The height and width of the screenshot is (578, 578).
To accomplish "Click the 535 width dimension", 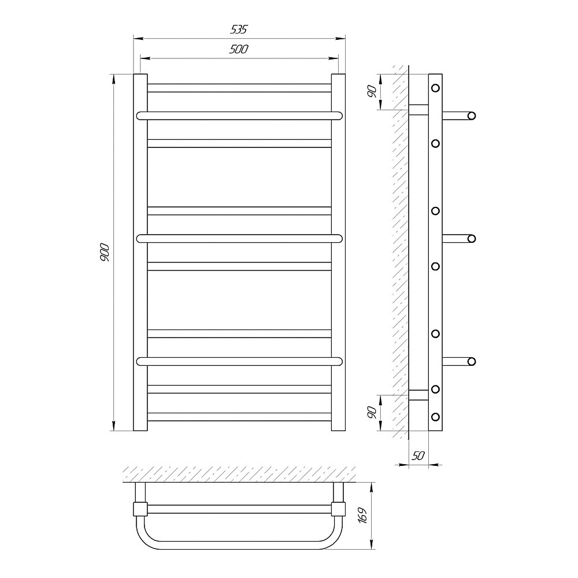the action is [239, 29].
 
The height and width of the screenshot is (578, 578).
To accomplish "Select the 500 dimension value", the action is [239, 49].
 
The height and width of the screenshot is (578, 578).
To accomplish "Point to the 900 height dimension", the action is [105, 253].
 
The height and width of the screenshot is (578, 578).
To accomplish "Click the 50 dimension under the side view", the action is [418, 456].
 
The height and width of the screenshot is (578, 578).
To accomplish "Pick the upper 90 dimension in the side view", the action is [372, 91].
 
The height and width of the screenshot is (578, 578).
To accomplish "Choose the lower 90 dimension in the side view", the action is [372, 412].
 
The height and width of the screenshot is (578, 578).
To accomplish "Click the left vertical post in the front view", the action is [140, 253].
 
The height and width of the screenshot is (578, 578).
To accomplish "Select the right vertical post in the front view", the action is [338, 253].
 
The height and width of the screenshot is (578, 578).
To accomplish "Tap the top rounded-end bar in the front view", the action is [239, 116].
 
